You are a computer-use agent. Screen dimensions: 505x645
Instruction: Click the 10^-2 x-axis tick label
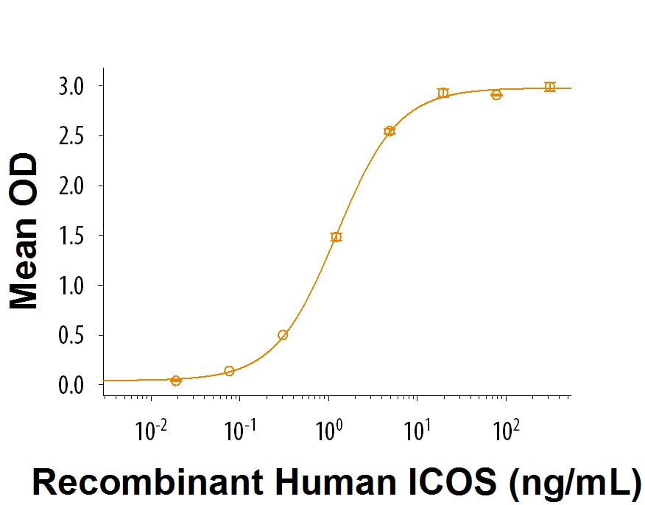pos(150,429)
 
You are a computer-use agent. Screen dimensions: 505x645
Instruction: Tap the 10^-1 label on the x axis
pos(239,429)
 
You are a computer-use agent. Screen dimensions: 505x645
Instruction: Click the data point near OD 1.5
pos(336,237)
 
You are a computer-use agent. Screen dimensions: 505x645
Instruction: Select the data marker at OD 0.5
pos(283,335)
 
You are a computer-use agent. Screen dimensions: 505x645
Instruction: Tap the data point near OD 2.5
pos(390,131)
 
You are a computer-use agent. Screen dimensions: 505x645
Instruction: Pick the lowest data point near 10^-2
pos(176,381)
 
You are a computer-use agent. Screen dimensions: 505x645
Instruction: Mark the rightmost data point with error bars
pos(549,87)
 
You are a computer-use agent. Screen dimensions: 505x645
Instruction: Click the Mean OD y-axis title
pos(24,230)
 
